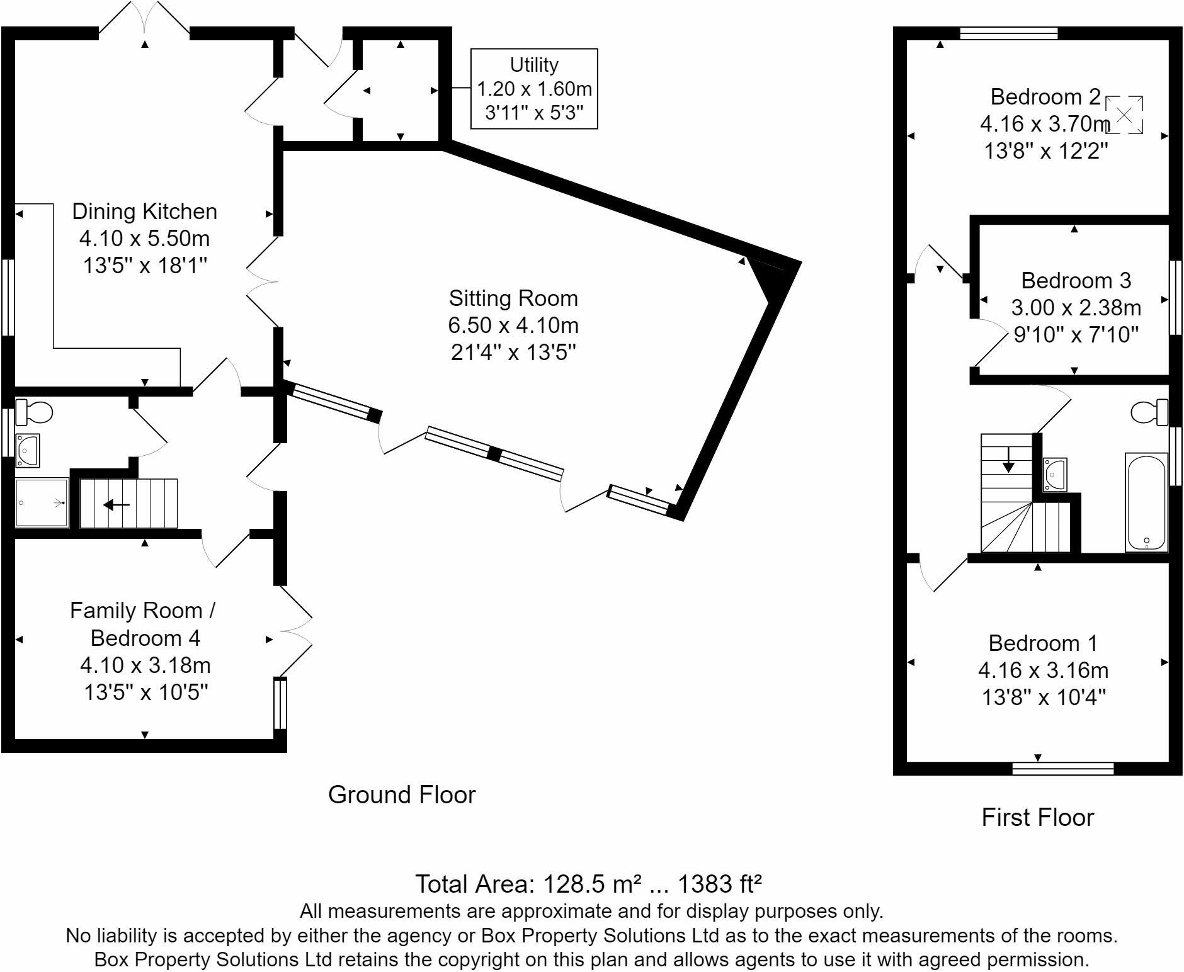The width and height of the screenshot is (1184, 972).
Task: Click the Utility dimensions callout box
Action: point(533,89)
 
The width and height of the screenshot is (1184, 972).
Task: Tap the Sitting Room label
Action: point(513,298)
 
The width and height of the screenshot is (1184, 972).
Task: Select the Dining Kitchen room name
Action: point(144,212)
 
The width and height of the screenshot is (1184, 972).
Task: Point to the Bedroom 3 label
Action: point(1076,280)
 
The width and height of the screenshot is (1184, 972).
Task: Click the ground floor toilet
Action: point(34,412)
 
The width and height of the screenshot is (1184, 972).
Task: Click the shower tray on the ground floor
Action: point(42,502)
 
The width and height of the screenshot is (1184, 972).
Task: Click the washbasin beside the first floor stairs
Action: point(1054,474)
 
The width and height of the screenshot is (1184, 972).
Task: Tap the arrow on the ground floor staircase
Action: point(117,504)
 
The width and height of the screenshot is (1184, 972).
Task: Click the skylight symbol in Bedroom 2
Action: point(1124,115)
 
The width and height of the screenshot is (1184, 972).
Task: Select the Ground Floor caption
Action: point(402,795)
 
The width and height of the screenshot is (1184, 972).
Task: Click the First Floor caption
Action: point(1037,818)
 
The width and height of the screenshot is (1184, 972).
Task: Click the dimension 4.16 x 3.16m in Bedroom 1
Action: point(1043,670)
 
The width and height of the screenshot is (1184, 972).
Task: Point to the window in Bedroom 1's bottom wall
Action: point(1062,769)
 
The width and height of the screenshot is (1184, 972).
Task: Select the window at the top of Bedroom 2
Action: point(1008,33)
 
